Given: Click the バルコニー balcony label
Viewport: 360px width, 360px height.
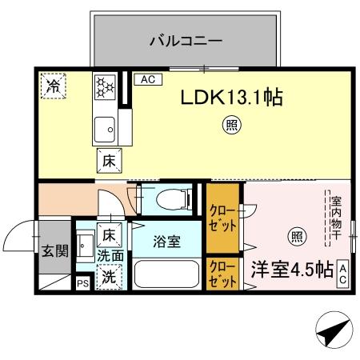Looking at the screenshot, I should [x=186, y=40].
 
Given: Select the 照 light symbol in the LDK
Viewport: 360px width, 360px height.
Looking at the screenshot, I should [x=230, y=126].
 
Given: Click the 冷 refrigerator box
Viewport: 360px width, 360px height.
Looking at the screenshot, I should [x=54, y=84].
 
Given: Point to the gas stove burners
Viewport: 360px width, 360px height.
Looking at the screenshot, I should [x=106, y=89].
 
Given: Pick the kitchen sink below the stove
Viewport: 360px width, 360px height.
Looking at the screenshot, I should [x=105, y=126].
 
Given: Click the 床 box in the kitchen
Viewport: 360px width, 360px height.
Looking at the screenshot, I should [x=109, y=160].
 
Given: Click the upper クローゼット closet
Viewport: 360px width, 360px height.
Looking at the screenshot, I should [x=223, y=218].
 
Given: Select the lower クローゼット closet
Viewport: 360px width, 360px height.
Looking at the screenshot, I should [x=223, y=274].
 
